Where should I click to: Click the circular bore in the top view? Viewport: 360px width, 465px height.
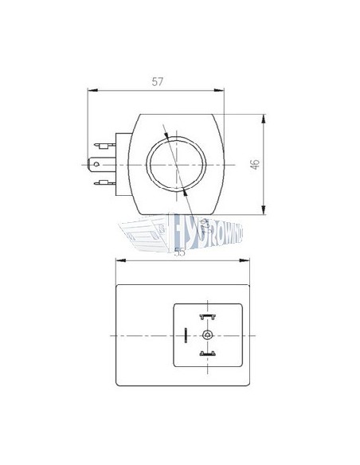pyautogui.click(x=174, y=164)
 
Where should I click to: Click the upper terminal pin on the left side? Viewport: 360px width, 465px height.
pyautogui.click(x=101, y=146)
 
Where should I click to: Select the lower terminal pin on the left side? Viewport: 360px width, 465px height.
pyautogui.click(x=101, y=184)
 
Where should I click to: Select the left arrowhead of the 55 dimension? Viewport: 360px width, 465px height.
pyautogui.click(x=119, y=261)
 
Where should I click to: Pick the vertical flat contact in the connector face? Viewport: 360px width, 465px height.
pyautogui.click(x=186, y=334)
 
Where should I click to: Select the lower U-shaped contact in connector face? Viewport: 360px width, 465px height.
pyautogui.click(x=208, y=354)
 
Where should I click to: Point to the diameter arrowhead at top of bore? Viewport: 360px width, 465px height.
pyautogui.click(x=165, y=135)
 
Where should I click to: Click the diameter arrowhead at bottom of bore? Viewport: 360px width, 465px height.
pyautogui.click(x=185, y=192)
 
